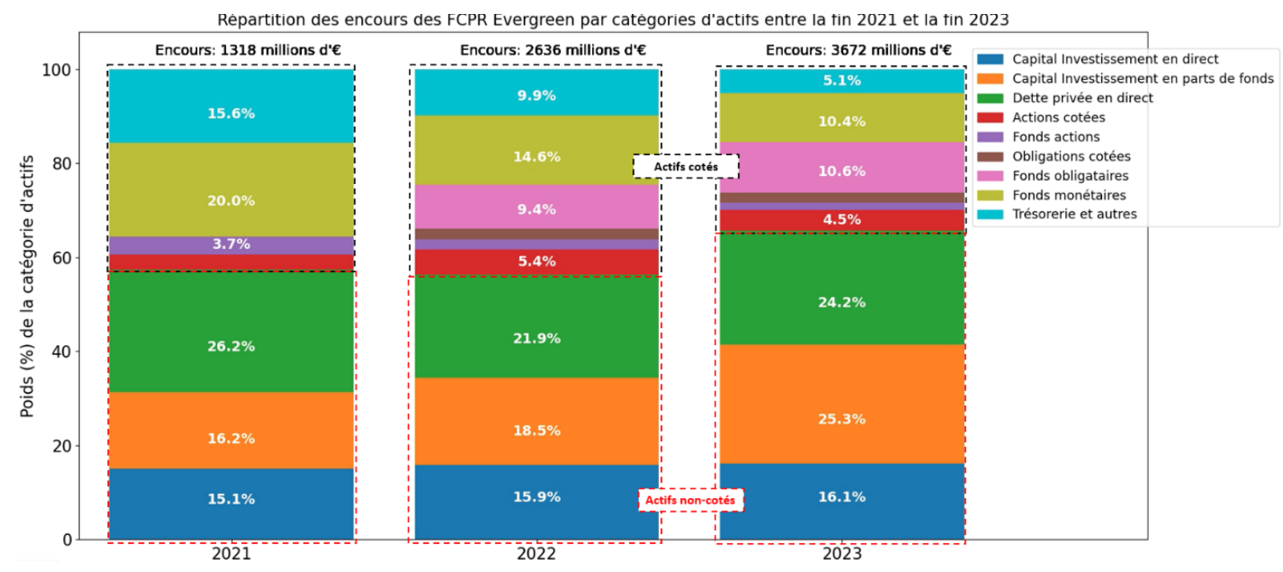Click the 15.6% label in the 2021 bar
230,113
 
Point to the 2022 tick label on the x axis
536,555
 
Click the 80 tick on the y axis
60,164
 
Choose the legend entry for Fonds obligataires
1069,176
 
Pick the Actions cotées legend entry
1058,118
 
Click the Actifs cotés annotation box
685,167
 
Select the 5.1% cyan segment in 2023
841,81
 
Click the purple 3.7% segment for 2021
230,245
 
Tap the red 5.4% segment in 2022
535,262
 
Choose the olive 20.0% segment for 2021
230,201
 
